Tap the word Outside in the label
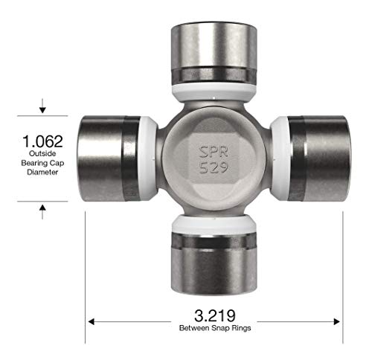tap(42, 154)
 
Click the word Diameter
tap(42, 172)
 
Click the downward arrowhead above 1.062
tap(42, 110)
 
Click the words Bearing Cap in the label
tap(42, 163)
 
